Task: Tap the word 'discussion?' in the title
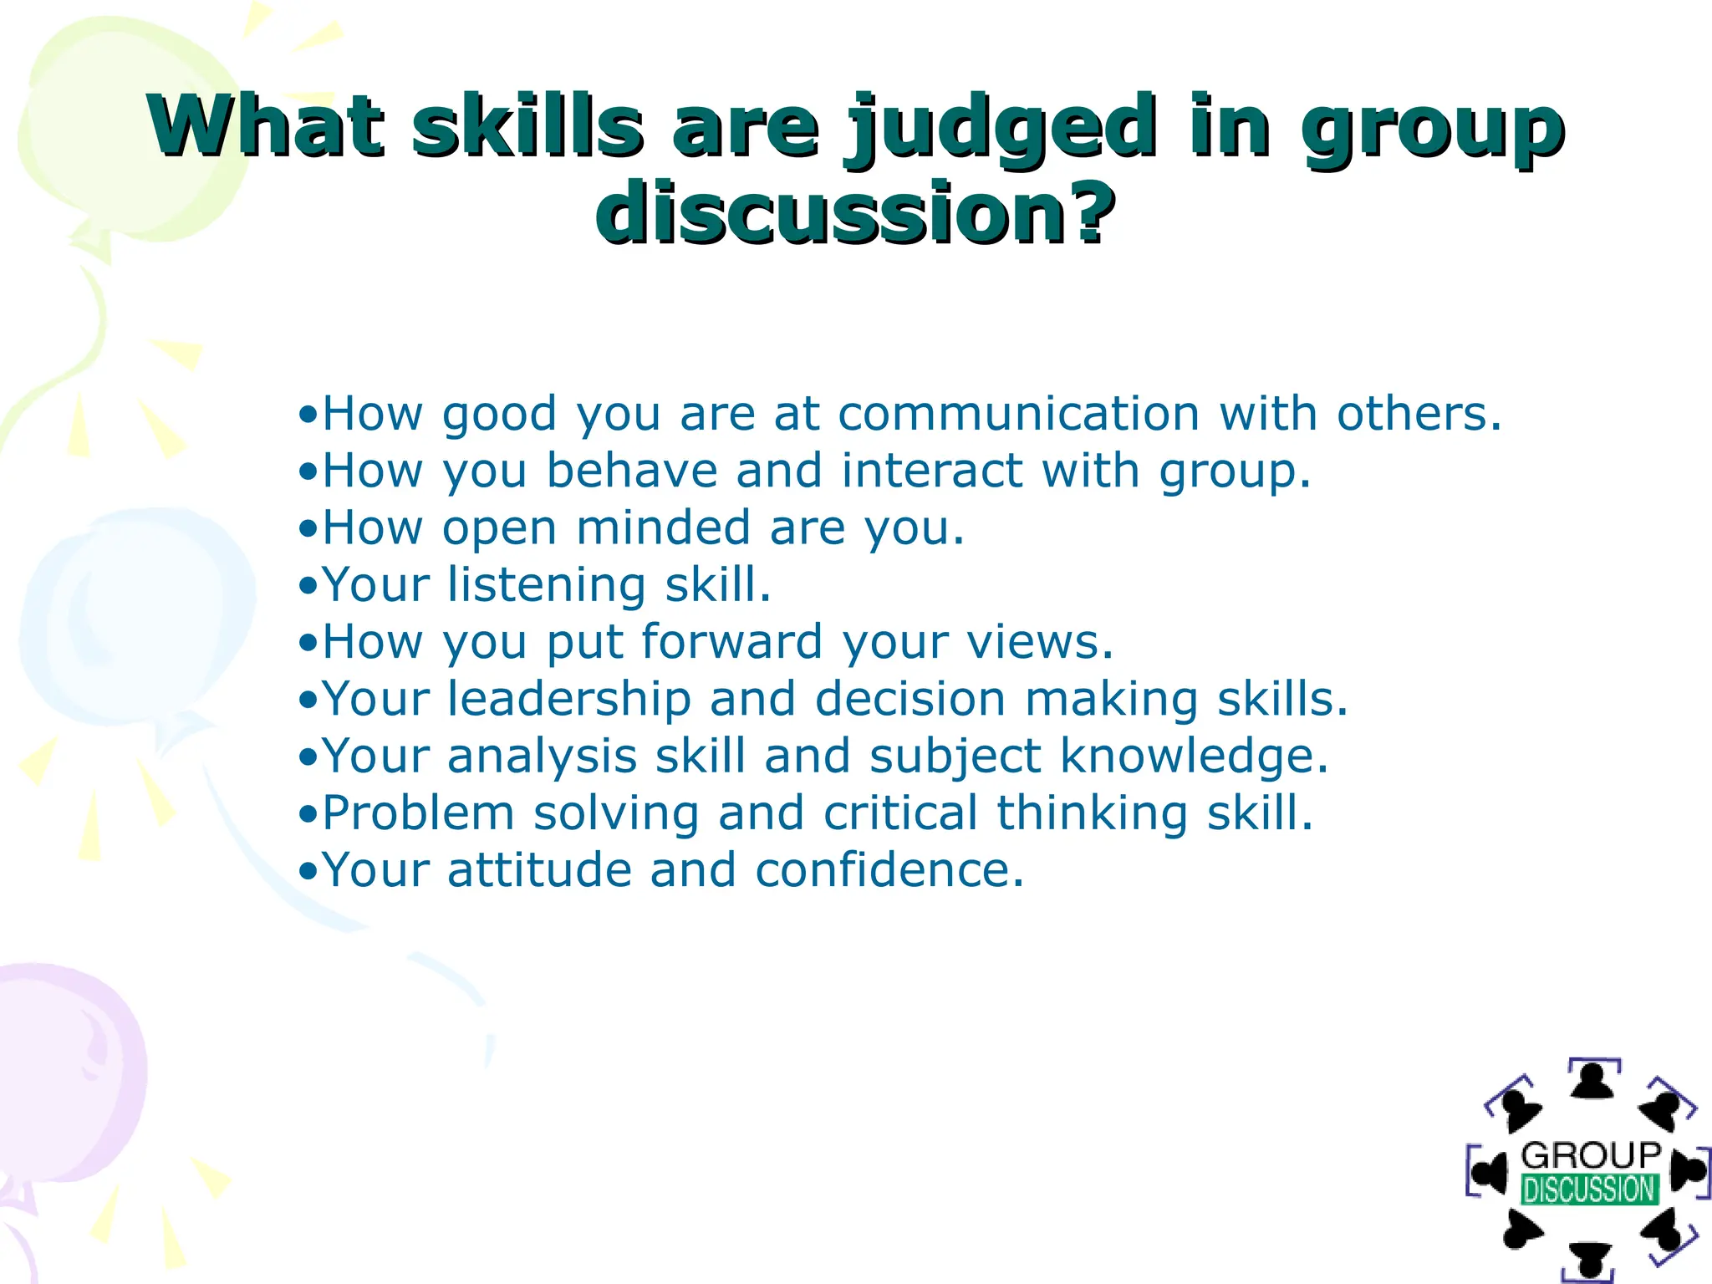[855, 213]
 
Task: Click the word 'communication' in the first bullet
[1019, 414]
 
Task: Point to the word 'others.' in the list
[1419, 414]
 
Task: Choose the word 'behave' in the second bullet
[631, 471]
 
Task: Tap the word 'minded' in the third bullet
[663, 528]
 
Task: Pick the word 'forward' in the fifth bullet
[731, 642]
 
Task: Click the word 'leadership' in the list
[568, 699]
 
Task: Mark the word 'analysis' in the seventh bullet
[543, 757]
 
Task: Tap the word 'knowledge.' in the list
[1195, 757]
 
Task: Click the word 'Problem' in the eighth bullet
[418, 813]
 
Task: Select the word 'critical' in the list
[900, 813]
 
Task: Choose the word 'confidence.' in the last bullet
[889, 870]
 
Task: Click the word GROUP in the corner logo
[1591, 1155]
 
